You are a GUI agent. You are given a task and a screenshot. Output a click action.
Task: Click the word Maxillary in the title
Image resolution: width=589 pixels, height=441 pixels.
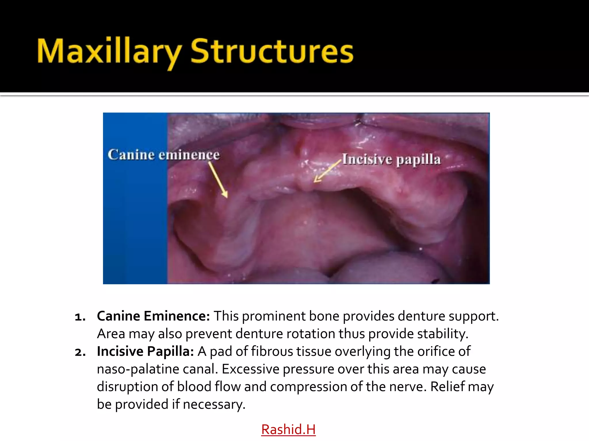point(109,52)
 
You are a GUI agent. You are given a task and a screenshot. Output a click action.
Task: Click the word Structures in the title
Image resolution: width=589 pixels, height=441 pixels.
point(272,52)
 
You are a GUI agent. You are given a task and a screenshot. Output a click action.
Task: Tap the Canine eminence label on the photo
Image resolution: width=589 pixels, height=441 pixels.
point(164,155)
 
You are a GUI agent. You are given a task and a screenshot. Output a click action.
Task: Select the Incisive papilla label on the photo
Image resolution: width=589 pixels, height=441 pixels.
point(391,160)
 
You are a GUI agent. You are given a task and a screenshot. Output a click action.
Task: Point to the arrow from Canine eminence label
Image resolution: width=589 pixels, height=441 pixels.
point(218,179)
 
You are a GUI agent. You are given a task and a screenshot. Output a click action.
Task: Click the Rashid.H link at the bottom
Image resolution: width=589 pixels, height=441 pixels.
point(288,430)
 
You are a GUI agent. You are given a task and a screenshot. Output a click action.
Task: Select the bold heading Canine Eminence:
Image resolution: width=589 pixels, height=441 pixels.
point(153,316)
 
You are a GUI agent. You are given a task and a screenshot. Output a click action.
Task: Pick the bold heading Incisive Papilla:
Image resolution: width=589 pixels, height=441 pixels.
point(145,351)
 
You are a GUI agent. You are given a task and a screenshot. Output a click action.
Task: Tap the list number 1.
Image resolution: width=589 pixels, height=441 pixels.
point(80,317)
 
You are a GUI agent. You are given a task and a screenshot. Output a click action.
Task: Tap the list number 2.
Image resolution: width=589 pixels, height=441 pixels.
point(80,352)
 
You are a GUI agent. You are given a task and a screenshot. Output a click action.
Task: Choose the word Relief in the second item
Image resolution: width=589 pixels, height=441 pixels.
point(447,387)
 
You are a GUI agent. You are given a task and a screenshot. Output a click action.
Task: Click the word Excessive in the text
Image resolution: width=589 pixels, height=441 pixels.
point(250,369)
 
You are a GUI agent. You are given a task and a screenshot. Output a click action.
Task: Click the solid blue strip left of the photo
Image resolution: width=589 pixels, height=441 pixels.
point(135,224)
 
